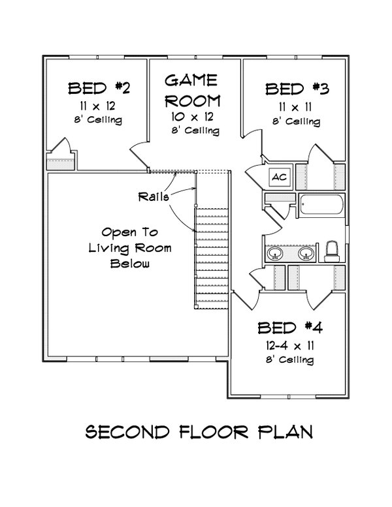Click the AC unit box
pyautogui.click(x=278, y=177)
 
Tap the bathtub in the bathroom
pyautogui.click(x=321, y=206)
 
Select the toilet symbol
pyautogui.click(x=331, y=251)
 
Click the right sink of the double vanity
pyautogui.click(x=306, y=253)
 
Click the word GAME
pyautogui.click(x=191, y=80)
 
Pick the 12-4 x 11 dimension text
pyautogui.click(x=290, y=345)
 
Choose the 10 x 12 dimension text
pyautogui.click(x=191, y=117)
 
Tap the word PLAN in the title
pyautogui.click(x=285, y=432)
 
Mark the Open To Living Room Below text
pyautogui.click(x=131, y=248)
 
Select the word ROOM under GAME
pyautogui.click(x=191, y=100)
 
